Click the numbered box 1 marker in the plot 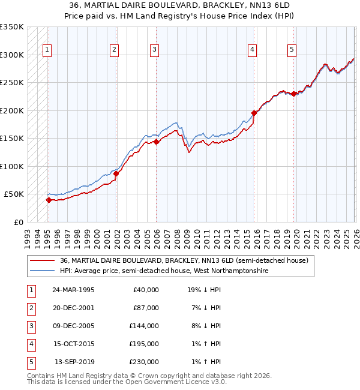pyautogui.click(x=47, y=50)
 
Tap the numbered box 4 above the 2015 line pyautogui.click(x=253, y=50)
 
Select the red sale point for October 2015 pyautogui.click(x=254, y=113)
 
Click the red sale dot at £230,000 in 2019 pyautogui.click(x=293, y=94)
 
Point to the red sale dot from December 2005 pyautogui.click(x=156, y=142)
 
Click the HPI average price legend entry pyautogui.click(x=164, y=271)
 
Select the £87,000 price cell pyautogui.click(x=146, y=308)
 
